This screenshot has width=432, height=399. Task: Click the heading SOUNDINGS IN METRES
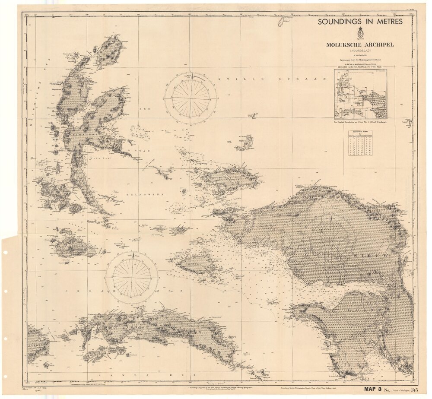point(360,22)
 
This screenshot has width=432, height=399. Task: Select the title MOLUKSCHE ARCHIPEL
point(360,45)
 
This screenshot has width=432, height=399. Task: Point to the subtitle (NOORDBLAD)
point(360,51)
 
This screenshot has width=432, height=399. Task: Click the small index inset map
point(360,94)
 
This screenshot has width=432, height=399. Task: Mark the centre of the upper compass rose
point(191,98)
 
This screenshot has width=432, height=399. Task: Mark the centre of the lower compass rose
point(132,278)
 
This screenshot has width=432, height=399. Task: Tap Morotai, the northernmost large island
point(110,50)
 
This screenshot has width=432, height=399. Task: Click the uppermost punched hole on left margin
point(5,253)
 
